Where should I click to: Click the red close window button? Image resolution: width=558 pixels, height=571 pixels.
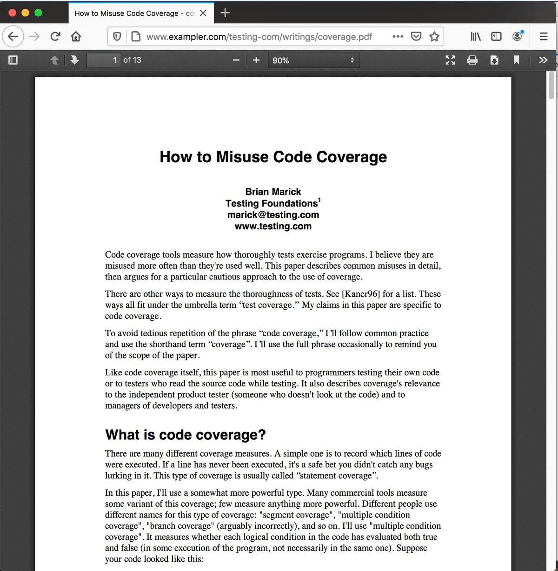13,13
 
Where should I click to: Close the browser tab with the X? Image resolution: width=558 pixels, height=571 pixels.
203,13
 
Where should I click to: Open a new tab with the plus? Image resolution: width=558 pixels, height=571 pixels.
225,13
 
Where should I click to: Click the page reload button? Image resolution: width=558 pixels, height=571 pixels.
55,36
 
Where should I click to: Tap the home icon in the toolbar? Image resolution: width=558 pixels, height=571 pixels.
76,36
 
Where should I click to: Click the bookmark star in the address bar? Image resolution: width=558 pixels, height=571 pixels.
434,36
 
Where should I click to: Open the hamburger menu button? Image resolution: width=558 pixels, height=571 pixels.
543,36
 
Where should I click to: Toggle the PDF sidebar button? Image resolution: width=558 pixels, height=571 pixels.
13,60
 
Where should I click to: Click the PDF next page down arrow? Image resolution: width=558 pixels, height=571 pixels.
74,60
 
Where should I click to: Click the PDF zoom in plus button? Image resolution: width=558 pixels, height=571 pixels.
256,60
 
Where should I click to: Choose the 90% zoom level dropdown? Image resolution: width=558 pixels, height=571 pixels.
313,60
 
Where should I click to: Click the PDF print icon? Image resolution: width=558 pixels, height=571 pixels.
472,60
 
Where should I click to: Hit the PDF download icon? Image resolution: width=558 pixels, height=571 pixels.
494,60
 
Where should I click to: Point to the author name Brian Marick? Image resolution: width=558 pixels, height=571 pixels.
273,192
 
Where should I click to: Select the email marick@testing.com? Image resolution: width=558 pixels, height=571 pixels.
273,215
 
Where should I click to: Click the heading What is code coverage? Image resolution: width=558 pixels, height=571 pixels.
186,435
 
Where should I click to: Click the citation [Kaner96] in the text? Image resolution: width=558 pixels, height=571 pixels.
361,294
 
